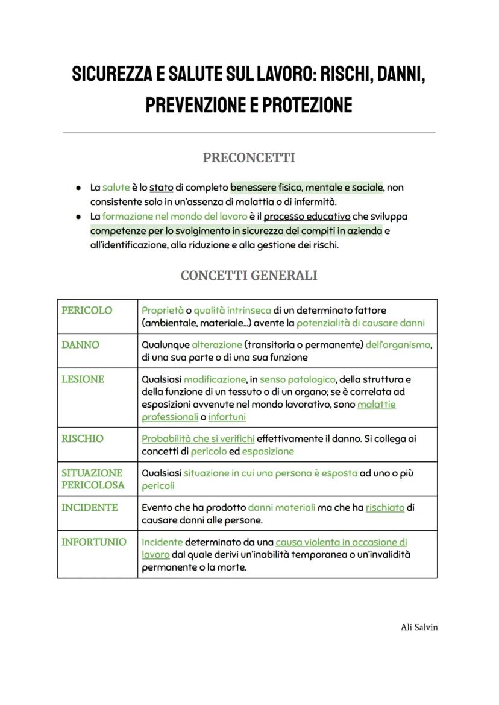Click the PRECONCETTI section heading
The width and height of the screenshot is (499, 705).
click(x=249, y=158)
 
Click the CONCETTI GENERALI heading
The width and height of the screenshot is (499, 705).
click(x=249, y=276)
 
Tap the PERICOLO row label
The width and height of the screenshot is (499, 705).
click(x=87, y=310)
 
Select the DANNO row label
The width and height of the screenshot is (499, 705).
click(x=81, y=344)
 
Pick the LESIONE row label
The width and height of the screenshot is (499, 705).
click(x=83, y=379)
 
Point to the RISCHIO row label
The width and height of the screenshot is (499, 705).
click(x=83, y=438)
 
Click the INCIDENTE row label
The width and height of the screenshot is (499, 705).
click(x=90, y=507)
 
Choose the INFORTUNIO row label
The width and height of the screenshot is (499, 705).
click(x=94, y=542)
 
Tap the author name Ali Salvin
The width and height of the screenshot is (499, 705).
click(x=419, y=627)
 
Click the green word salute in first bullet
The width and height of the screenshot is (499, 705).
click(x=116, y=188)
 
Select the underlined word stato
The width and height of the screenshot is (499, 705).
click(x=162, y=188)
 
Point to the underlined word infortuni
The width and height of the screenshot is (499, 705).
click(x=227, y=417)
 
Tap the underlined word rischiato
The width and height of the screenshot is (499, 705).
click(x=384, y=508)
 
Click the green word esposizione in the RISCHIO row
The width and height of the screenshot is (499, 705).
click(x=268, y=451)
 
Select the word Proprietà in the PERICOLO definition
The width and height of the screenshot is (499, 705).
click(x=162, y=311)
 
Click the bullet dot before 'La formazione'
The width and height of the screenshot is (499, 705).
click(x=78, y=217)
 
